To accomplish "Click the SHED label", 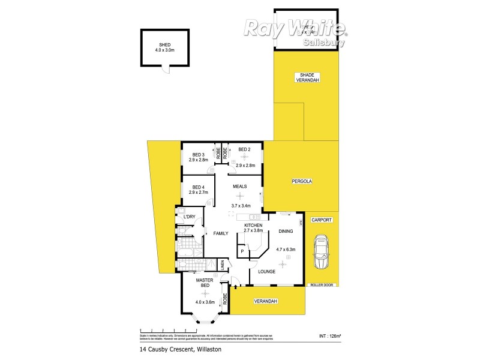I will tap(164, 44).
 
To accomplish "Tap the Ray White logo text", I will tap(294, 28).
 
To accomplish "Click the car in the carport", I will tap(322, 252).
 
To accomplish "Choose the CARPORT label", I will tap(322, 220).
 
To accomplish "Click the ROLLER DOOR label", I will tap(322, 285).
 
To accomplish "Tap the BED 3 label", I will tap(199, 155).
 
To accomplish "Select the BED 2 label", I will tap(244, 149).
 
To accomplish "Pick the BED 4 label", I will tap(199, 187).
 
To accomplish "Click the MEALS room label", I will tap(241, 187).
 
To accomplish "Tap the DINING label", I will tap(286, 231).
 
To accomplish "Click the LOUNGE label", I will tap(267, 271).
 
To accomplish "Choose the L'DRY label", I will tap(190, 217).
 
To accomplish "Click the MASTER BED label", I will tap(205, 283).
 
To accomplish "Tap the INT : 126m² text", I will tap(330, 335).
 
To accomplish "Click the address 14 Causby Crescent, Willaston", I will tap(176, 349).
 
